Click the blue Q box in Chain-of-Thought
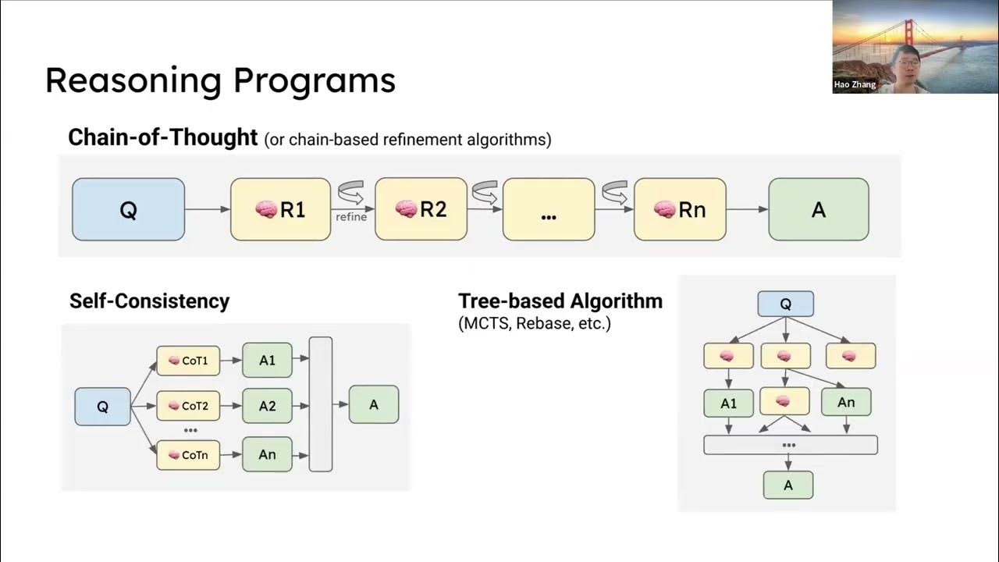click(x=128, y=209)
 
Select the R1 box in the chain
click(x=280, y=209)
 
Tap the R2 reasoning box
click(x=421, y=208)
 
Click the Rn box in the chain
click(x=679, y=209)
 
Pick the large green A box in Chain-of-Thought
click(x=818, y=209)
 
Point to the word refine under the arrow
click(x=351, y=217)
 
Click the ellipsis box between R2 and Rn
click(x=549, y=209)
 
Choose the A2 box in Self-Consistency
click(x=267, y=406)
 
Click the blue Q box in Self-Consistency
click(x=102, y=407)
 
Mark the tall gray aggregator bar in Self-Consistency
click(x=321, y=404)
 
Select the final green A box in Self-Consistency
click(x=373, y=404)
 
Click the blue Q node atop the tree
click(x=785, y=304)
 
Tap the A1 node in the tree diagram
click(x=728, y=403)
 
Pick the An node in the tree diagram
click(x=846, y=402)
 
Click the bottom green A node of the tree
click(x=788, y=485)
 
